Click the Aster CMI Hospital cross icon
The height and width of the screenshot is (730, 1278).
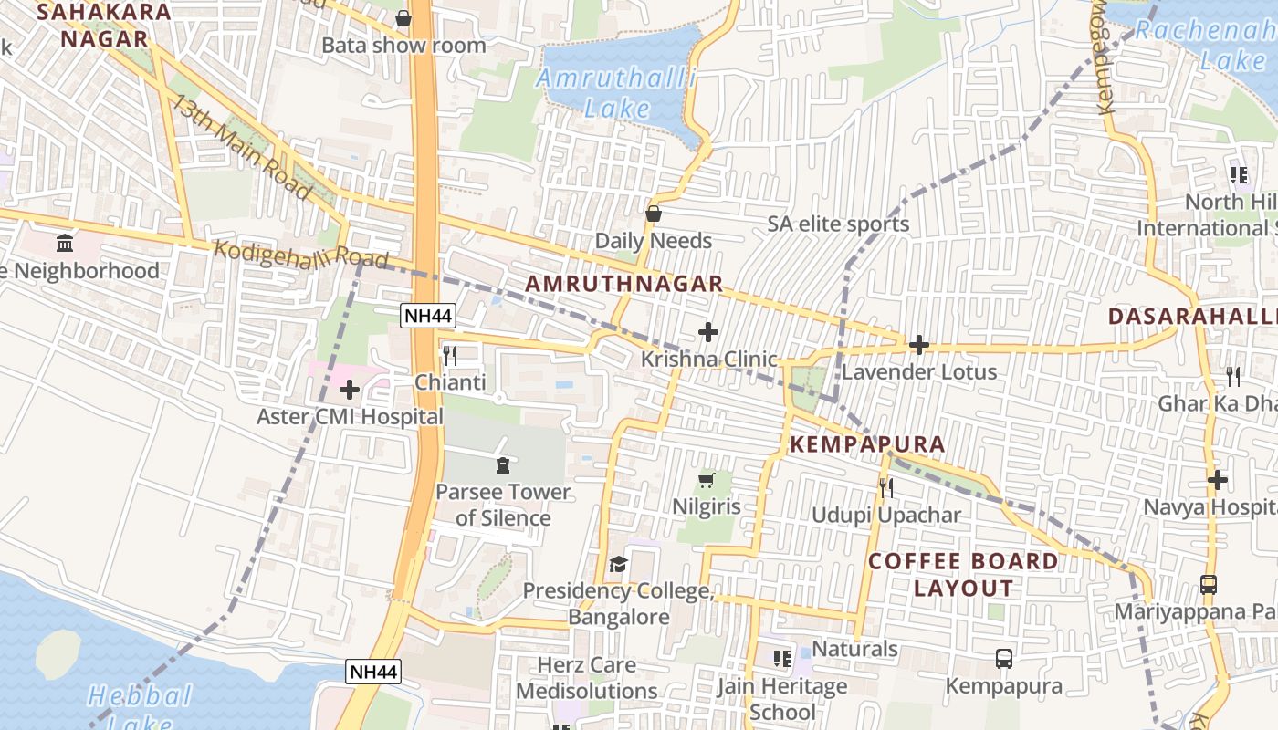(x=349, y=391)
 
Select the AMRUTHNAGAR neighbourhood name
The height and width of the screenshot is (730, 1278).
(x=624, y=285)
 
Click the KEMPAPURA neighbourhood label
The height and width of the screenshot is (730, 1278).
(x=866, y=444)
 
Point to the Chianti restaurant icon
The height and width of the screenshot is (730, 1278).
(x=449, y=356)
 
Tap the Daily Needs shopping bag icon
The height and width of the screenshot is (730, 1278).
(x=654, y=214)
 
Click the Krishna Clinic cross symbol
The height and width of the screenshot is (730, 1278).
(x=707, y=332)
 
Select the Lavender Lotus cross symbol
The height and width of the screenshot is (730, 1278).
(x=918, y=345)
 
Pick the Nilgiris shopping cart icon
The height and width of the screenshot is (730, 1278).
(x=706, y=480)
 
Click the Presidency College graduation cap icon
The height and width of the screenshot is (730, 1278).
(x=618, y=565)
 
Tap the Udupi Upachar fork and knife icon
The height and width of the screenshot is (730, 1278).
(x=885, y=488)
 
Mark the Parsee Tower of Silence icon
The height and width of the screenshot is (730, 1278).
(x=501, y=465)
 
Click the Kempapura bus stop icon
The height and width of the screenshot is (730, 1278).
(x=1003, y=659)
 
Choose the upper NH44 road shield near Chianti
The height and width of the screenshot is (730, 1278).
(x=428, y=316)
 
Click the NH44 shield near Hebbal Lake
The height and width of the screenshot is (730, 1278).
(x=373, y=673)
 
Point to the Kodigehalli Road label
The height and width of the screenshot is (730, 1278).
(x=301, y=255)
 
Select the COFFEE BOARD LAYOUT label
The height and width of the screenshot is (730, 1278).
(x=964, y=574)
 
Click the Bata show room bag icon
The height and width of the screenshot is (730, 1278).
(x=403, y=18)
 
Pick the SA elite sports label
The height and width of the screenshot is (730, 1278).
(x=838, y=224)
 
